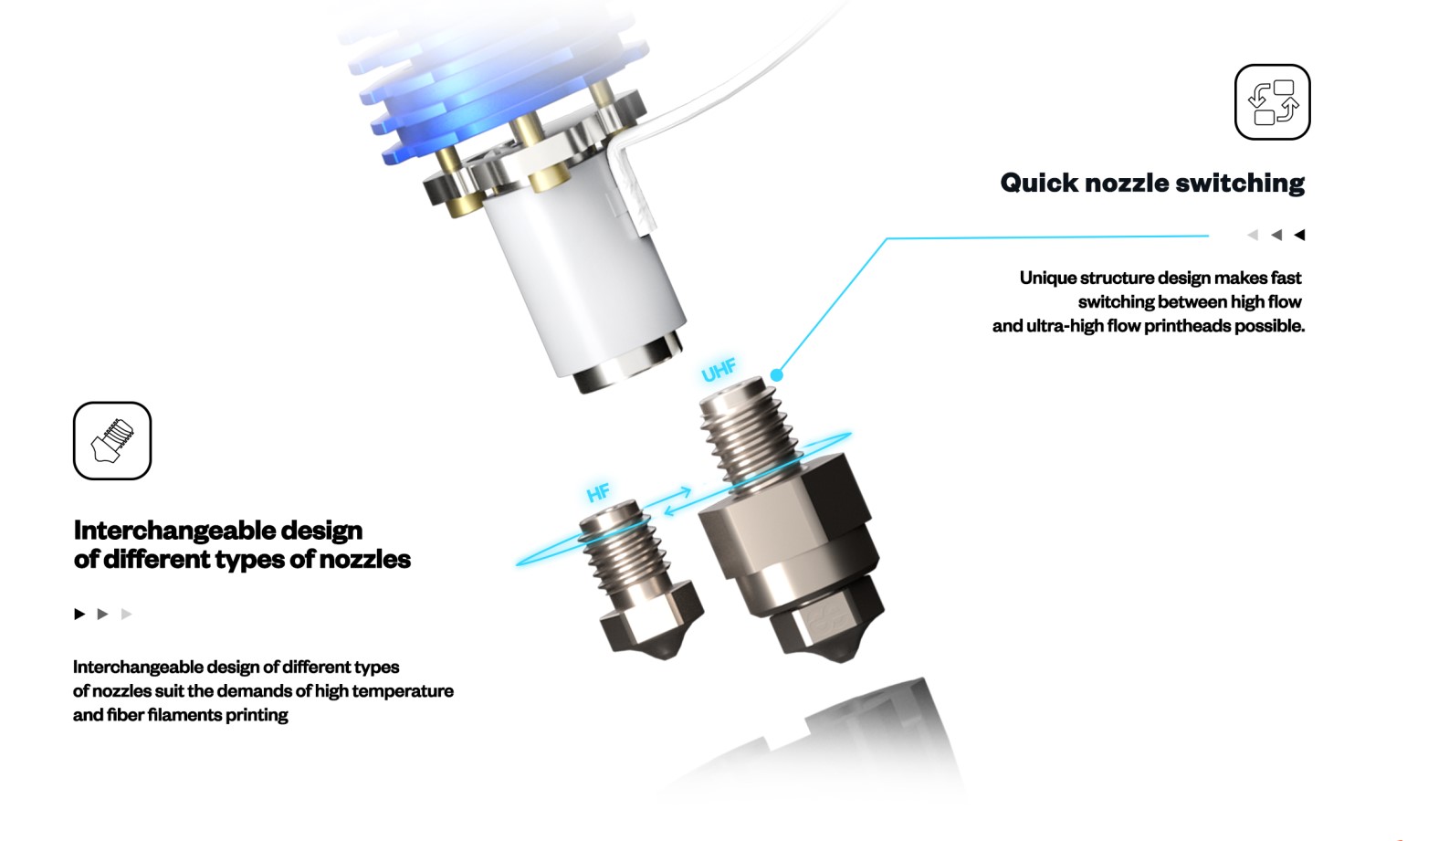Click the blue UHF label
tap(719, 370)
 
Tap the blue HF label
tap(598, 494)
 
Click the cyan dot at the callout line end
tap(777, 374)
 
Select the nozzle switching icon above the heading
tap(1272, 102)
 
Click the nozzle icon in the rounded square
tap(112, 440)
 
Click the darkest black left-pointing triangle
tap(1299, 235)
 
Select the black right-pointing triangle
tap(79, 614)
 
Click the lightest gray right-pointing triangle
tap(126, 614)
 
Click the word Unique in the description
tap(1047, 278)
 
